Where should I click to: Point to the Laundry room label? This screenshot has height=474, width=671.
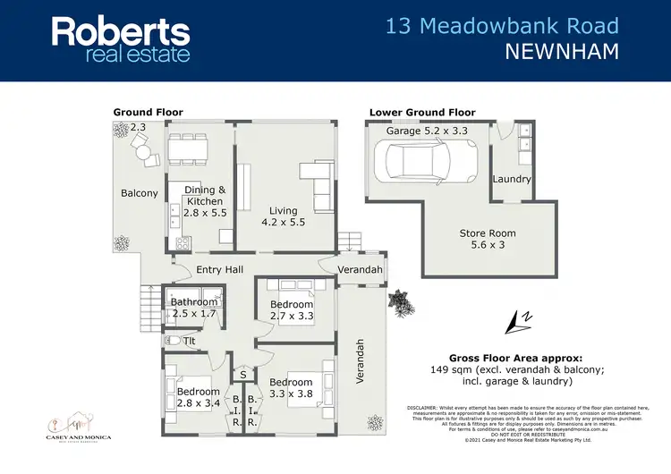(512, 179)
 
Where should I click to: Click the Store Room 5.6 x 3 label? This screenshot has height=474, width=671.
(488, 239)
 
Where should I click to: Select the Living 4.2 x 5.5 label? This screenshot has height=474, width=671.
(284, 216)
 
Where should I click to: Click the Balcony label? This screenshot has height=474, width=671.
(140, 193)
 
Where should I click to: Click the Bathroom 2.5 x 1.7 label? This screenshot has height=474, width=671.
(194, 308)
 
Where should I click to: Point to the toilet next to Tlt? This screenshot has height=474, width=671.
(173, 340)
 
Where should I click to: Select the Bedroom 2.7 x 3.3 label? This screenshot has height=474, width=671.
(292, 309)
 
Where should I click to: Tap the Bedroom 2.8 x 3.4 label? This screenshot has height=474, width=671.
(198, 397)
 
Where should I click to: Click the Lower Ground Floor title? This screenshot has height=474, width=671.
(422, 113)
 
